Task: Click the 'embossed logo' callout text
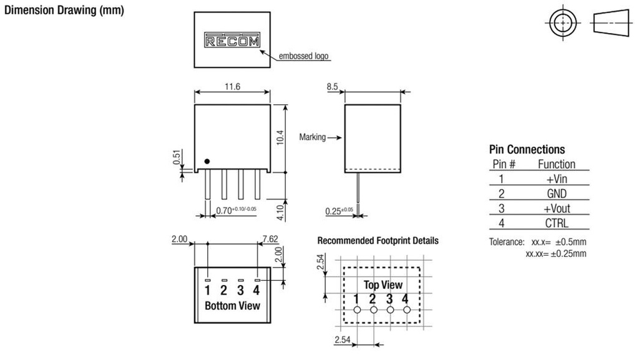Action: pos(304,57)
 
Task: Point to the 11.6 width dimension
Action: pos(232,86)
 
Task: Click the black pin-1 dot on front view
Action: pos(207,162)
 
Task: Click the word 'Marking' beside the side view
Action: pos(313,137)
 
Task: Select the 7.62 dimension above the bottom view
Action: pos(271,239)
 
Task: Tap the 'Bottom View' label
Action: pos(232,306)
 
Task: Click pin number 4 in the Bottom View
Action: pos(256,290)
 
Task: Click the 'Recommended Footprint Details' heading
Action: pos(378,240)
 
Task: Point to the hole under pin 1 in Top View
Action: pos(357,309)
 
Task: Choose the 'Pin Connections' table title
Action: pos(527,150)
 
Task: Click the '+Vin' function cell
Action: pos(556,179)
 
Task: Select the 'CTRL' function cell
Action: pos(556,223)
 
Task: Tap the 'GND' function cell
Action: pos(556,194)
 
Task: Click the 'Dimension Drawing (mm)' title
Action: pos(65,11)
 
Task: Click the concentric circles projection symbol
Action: pos(563,24)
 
